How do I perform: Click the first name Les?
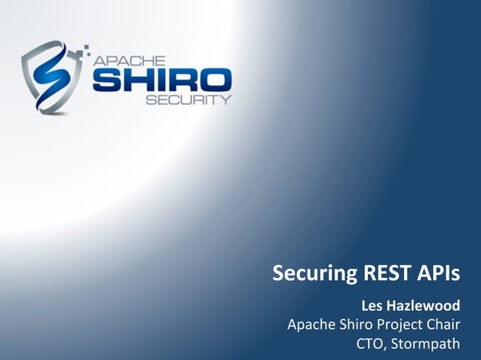pos(373,307)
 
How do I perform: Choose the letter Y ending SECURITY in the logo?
pos(225,99)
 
